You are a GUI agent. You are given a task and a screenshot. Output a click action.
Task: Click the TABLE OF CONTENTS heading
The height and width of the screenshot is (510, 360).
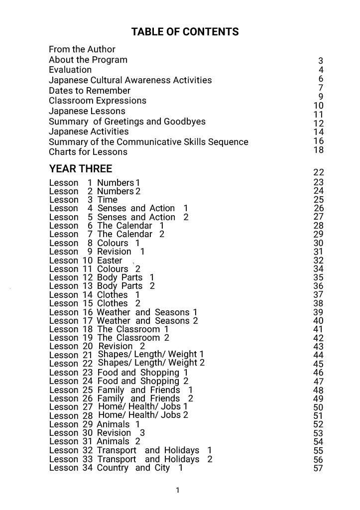(185, 32)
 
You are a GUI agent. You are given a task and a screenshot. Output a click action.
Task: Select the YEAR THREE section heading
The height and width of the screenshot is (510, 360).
(81, 168)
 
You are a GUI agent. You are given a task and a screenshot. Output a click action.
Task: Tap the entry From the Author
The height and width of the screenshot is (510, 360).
(82, 49)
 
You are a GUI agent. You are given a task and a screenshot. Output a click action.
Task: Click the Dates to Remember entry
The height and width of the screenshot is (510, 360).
(90, 91)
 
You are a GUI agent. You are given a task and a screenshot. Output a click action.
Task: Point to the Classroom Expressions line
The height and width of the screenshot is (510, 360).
(98, 101)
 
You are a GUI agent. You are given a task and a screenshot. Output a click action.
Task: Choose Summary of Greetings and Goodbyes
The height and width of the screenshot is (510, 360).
(127, 122)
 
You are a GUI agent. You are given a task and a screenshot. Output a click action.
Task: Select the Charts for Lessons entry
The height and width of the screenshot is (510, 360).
(88, 152)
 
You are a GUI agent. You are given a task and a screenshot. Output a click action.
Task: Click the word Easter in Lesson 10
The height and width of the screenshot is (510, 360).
(110, 260)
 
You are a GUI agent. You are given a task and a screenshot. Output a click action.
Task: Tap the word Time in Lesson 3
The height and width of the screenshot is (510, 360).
(107, 200)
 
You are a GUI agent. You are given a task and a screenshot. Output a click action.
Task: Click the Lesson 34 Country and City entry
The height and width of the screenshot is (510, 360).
(116, 468)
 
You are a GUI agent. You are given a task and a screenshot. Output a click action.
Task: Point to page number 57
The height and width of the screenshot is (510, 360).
(318, 468)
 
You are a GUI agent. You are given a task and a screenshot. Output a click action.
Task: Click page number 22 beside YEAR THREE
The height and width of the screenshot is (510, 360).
(319, 172)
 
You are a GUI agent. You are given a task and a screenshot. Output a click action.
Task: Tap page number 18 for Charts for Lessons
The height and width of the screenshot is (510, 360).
(319, 150)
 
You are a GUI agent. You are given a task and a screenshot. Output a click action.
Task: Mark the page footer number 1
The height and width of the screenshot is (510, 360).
(178, 491)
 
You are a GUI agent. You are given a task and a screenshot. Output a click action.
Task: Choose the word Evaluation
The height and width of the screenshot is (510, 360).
(70, 70)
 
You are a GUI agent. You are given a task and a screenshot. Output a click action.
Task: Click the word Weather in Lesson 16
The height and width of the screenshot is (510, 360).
(114, 312)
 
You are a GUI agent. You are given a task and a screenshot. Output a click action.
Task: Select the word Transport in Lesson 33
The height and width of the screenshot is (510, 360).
(117, 459)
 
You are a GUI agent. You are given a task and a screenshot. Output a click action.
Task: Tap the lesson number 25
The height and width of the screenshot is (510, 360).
(87, 390)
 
